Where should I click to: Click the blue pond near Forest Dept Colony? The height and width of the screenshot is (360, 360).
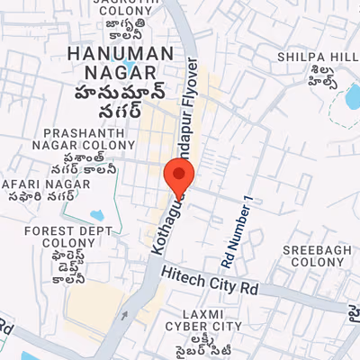[x=97, y=217]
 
